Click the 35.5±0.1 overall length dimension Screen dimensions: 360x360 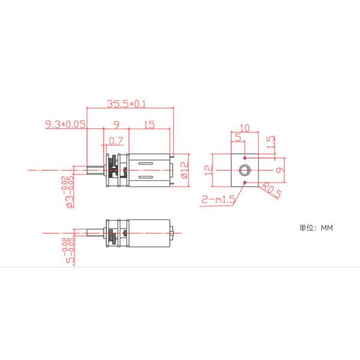127,104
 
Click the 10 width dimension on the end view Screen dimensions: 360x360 244,128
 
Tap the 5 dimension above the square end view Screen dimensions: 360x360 238,139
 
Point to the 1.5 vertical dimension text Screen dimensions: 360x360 271,143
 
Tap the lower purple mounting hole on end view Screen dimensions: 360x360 245,181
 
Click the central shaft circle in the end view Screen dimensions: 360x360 245,170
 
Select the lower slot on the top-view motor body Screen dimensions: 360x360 148,178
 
